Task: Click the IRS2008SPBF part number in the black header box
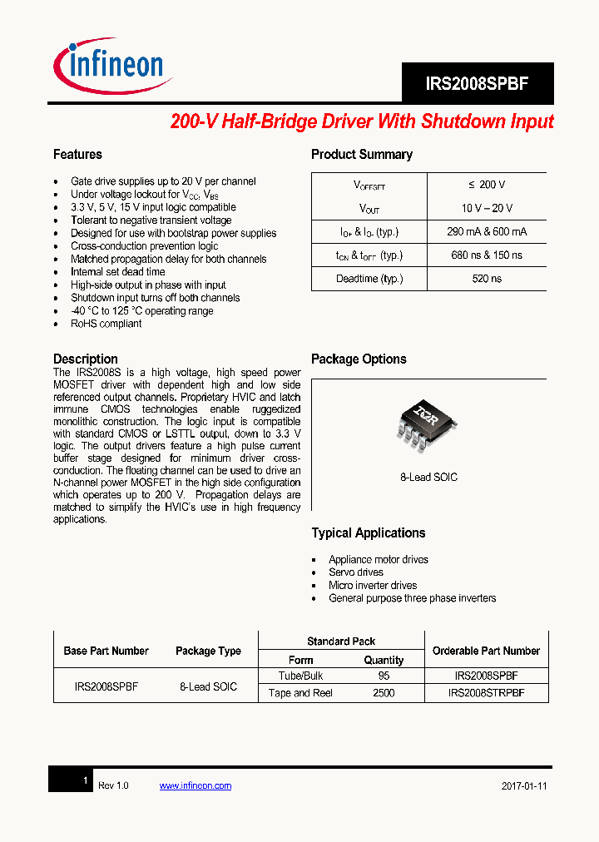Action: click(477, 84)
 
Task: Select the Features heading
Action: click(77, 155)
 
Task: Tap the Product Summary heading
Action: click(361, 155)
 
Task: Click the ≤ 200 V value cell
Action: click(487, 185)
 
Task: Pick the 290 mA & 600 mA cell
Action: click(487, 231)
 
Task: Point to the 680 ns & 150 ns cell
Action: click(487, 255)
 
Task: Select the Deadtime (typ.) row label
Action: click(369, 279)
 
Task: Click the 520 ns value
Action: click(487, 279)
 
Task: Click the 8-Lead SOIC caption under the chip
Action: click(428, 478)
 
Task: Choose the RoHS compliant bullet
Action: click(106, 324)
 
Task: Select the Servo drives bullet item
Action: click(356, 572)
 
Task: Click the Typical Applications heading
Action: click(368, 533)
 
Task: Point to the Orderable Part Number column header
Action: click(486, 651)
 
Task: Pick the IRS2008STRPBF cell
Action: click(486, 693)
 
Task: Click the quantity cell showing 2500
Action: click(384, 693)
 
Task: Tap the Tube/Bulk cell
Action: click(300, 676)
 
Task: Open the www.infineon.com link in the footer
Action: click(195, 785)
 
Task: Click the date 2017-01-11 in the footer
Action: click(524, 786)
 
